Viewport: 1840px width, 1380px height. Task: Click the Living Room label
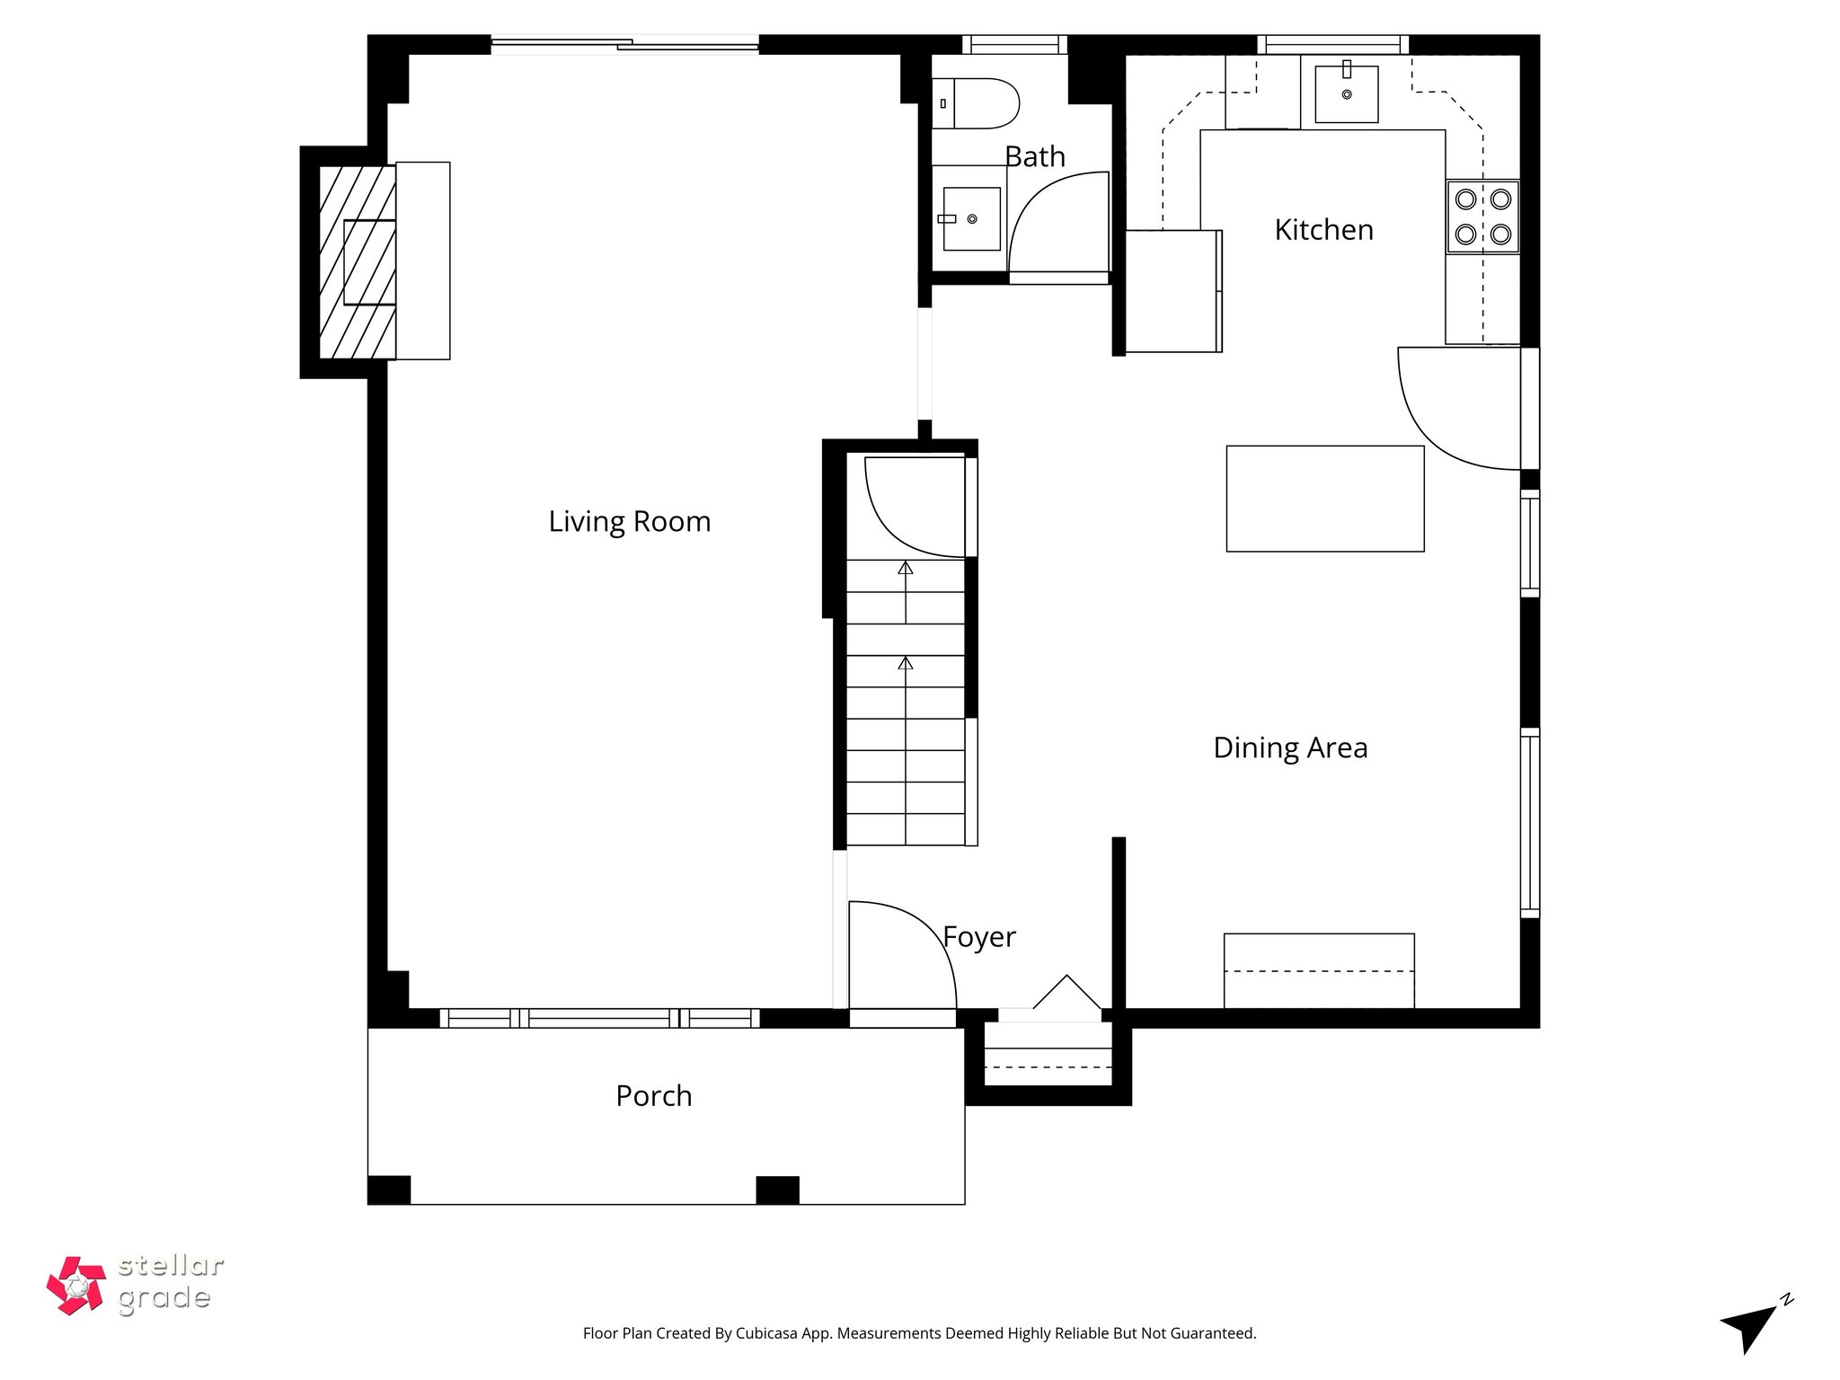tap(629, 522)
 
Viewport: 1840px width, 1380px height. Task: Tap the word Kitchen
tap(1323, 230)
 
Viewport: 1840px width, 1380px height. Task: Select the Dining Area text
tap(1289, 747)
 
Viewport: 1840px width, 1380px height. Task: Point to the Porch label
tap(653, 1096)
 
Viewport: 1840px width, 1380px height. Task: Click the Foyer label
tap(978, 937)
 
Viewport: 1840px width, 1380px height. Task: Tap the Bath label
tap(1034, 157)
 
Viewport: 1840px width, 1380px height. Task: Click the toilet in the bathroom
tap(974, 103)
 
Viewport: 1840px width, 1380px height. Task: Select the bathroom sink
tap(970, 218)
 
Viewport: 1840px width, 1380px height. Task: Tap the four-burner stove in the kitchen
tap(1482, 217)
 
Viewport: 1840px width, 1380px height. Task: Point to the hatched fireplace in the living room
tap(357, 261)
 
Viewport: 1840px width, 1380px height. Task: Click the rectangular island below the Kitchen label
tap(1324, 499)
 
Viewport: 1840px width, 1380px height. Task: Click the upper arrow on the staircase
tap(906, 569)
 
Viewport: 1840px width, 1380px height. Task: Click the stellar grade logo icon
tap(76, 1286)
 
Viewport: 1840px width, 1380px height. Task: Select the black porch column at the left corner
tap(389, 1190)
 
